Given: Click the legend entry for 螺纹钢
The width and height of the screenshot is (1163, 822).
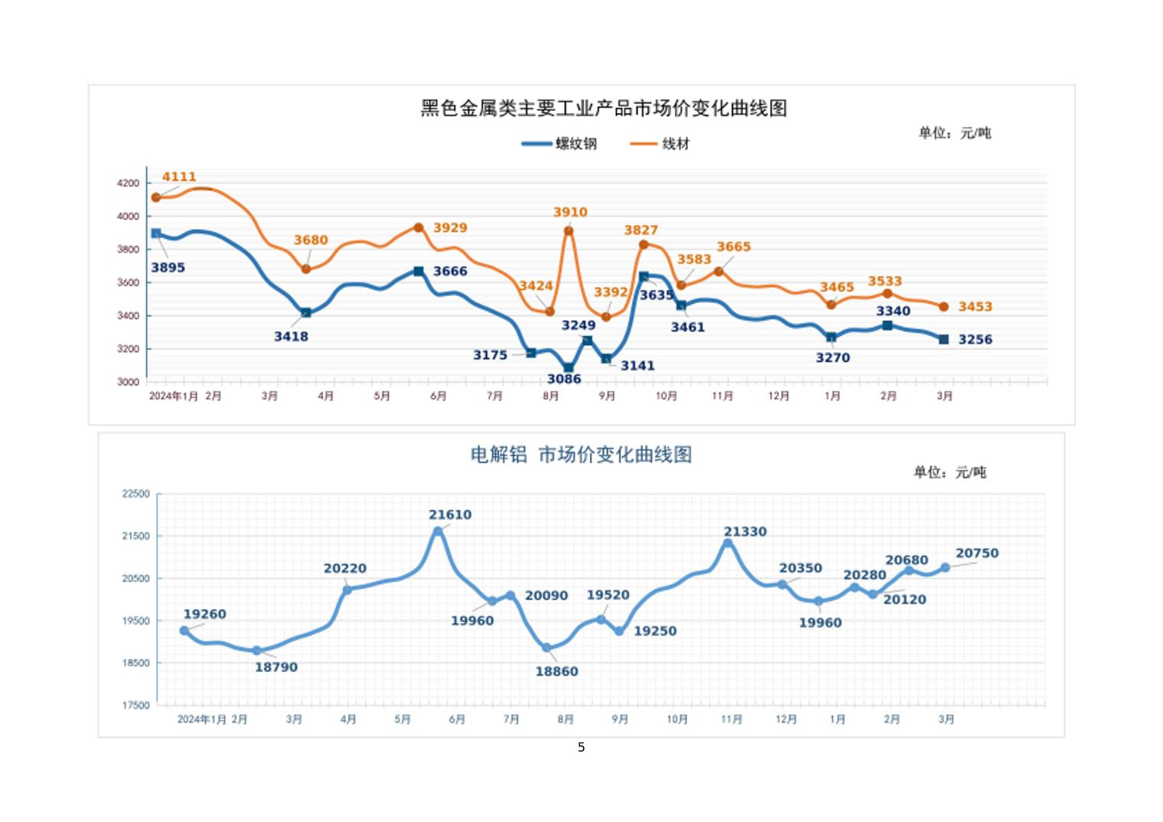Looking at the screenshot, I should (559, 144).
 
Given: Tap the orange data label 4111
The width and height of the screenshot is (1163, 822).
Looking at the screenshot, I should (179, 177).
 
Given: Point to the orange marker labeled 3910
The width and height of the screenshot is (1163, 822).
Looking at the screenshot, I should (568, 231).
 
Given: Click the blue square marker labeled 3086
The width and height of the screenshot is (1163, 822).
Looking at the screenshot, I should (568, 368).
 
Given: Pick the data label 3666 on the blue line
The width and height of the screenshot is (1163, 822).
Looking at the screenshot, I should (450, 271).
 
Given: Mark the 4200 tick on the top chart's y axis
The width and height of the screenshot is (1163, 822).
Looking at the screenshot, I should (129, 184).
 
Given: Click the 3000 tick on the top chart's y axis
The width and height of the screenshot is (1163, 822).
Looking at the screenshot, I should (129, 382).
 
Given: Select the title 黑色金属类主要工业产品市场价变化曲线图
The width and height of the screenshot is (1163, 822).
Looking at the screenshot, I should (604, 109).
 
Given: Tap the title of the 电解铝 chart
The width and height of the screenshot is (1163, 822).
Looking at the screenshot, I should (581, 455).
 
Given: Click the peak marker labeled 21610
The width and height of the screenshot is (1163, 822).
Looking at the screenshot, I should (438, 531).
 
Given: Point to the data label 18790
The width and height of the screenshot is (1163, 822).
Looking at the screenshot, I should (276, 667).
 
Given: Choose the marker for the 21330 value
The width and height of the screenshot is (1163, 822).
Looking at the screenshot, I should (728, 543).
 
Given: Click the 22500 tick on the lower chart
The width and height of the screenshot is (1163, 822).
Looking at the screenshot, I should (136, 494).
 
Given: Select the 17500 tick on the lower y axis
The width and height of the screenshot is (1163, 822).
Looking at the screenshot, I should (136, 706).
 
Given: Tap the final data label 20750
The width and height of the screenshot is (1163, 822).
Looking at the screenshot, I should (977, 553).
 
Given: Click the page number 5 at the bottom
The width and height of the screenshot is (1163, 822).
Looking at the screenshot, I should (581, 747).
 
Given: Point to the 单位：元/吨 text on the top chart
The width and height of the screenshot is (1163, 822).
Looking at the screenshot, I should (954, 133).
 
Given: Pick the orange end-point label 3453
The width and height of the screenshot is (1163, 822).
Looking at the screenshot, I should (976, 307).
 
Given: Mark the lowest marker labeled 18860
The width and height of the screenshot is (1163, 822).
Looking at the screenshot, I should (547, 648).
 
